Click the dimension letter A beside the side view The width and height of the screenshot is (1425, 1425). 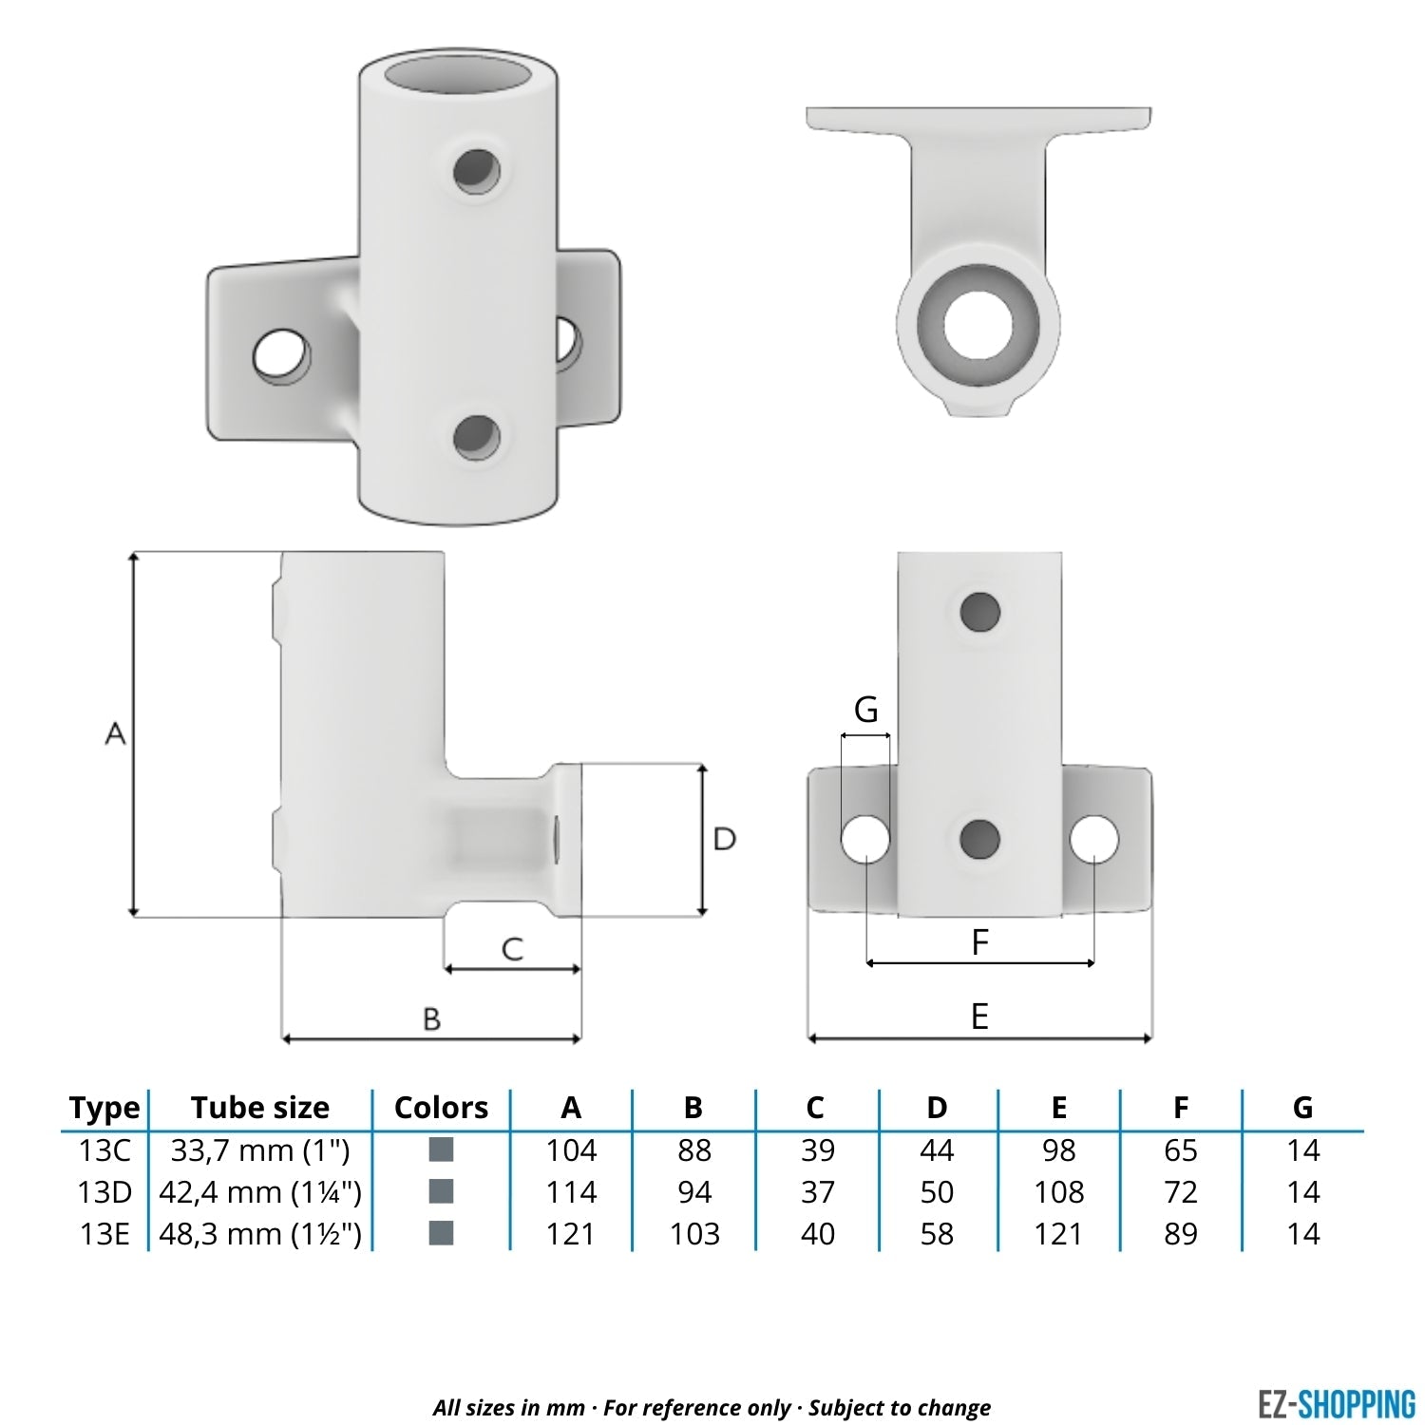[x=115, y=733]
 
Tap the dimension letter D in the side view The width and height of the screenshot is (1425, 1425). [x=724, y=839]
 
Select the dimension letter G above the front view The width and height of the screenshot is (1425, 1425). [x=865, y=710]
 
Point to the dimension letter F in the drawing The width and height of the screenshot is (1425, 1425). [x=979, y=941]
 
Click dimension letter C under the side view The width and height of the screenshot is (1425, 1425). [x=512, y=948]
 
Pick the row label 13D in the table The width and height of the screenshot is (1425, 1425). [x=104, y=1191]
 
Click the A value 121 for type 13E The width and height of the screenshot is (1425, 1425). [x=571, y=1233]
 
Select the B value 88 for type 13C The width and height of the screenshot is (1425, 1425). [x=693, y=1150]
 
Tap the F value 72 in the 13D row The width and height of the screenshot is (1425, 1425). [x=1180, y=1191]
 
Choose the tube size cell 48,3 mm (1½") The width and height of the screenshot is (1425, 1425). [x=260, y=1233]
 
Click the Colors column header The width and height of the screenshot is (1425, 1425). [x=441, y=1108]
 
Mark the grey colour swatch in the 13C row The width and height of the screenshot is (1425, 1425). [x=441, y=1150]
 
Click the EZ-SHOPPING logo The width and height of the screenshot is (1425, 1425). [x=1336, y=1404]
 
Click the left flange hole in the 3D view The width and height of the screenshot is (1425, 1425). [x=282, y=355]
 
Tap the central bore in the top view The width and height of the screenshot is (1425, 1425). [x=978, y=323]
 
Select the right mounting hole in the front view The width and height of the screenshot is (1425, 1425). [x=1094, y=839]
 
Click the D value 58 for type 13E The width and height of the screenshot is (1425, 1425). [x=937, y=1233]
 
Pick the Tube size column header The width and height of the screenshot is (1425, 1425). [x=260, y=1108]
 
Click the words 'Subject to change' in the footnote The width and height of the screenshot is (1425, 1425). [x=899, y=1407]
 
